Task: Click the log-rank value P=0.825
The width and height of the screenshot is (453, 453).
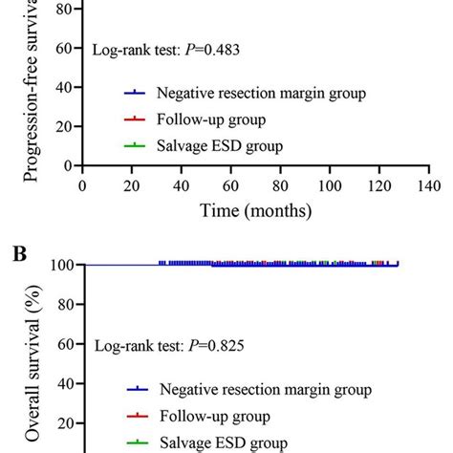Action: [215, 346]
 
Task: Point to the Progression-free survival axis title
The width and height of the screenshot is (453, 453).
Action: [32, 91]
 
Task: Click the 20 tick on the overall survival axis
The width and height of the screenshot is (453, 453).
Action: [67, 424]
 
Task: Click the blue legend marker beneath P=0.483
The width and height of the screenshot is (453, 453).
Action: [137, 94]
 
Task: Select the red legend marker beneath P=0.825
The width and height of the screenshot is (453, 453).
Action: [137, 417]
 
